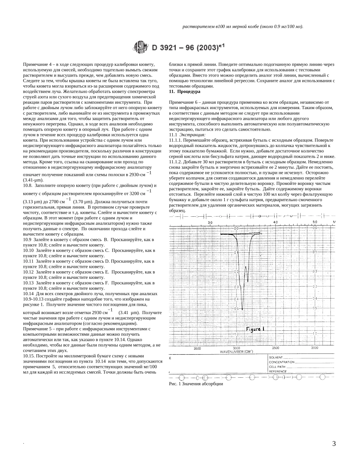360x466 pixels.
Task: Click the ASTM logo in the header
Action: tap(141, 48)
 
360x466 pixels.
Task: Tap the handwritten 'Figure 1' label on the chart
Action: tap(255, 329)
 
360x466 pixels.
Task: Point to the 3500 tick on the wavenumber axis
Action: tap(197, 348)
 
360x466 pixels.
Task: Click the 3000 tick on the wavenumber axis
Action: tap(236, 348)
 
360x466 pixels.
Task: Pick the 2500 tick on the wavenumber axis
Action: tap(275, 348)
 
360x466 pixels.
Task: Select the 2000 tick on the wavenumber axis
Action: tap(315, 348)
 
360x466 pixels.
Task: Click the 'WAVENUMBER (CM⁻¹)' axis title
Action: tap(236, 352)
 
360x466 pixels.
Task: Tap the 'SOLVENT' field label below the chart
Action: tap(275, 357)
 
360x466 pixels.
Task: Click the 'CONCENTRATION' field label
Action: tap(282, 362)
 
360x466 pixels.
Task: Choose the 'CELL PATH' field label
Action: tap(277, 367)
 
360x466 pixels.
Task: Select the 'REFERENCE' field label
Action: tap(278, 372)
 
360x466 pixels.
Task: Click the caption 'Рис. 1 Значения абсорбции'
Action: tap(196, 384)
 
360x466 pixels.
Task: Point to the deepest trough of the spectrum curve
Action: tap(242, 309)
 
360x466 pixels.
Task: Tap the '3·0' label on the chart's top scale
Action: tap(210, 222)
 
